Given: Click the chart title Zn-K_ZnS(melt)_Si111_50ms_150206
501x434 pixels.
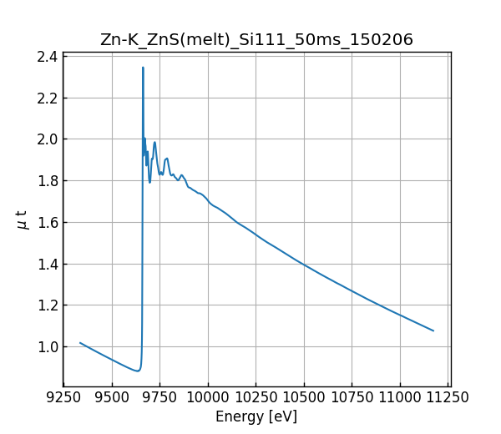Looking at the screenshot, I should (256, 39).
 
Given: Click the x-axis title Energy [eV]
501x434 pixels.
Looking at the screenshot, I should (256, 416).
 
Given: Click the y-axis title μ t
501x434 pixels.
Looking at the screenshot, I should (22, 220).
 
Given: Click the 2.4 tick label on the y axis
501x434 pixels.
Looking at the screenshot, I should (48, 57).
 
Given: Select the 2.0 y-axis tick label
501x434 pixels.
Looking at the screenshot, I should (48, 139).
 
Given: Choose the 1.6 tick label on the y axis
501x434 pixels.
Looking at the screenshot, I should (48, 222).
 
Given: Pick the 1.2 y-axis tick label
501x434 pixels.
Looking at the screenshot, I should (48, 305).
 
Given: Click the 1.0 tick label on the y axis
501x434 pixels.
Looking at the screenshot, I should (48, 346).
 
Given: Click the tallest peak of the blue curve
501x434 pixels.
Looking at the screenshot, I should (143, 68).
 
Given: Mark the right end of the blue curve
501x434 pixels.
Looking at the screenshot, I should (433, 331).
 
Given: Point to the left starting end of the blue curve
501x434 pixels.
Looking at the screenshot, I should (80, 342).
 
